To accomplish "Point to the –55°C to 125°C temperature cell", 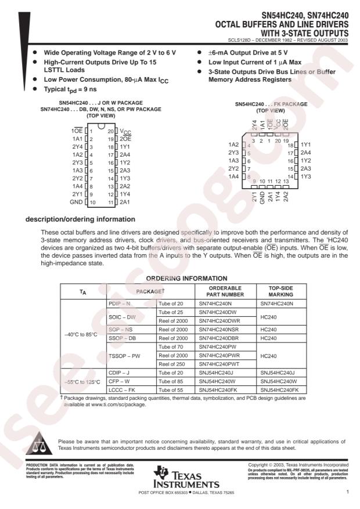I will click(x=82, y=382).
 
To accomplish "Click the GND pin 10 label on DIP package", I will click(x=75, y=202).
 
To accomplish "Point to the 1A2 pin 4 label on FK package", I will click(x=234, y=145).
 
